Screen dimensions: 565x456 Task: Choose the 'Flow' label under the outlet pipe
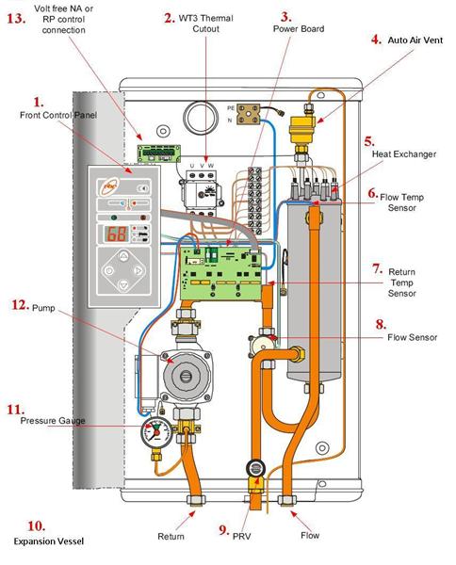(x=310, y=537)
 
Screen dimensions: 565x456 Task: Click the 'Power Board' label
(x=300, y=29)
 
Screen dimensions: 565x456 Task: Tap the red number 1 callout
(x=38, y=100)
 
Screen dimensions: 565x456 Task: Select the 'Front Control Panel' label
(x=57, y=115)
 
